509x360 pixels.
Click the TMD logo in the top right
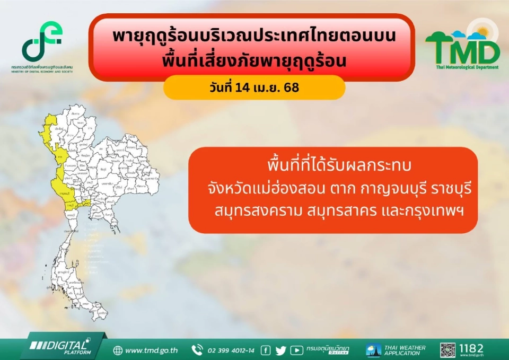pyautogui.click(x=462, y=45)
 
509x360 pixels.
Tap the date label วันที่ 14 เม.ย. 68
pyautogui.click(x=254, y=87)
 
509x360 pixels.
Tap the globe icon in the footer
pyautogui.click(x=118, y=350)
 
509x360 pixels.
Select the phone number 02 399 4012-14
pyautogui.click(x=231, y=350)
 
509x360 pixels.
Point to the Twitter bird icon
pyautogui.click(x=280, y=350)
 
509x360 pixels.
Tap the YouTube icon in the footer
pyautogui.click(x=297, y=350)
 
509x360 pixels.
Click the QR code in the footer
pyautogui.click(x=447, y=350)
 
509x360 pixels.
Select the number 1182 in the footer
pyautogui.click(x=471, y=348)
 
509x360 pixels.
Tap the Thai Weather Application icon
pyautogui.click(x=373, y=350)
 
